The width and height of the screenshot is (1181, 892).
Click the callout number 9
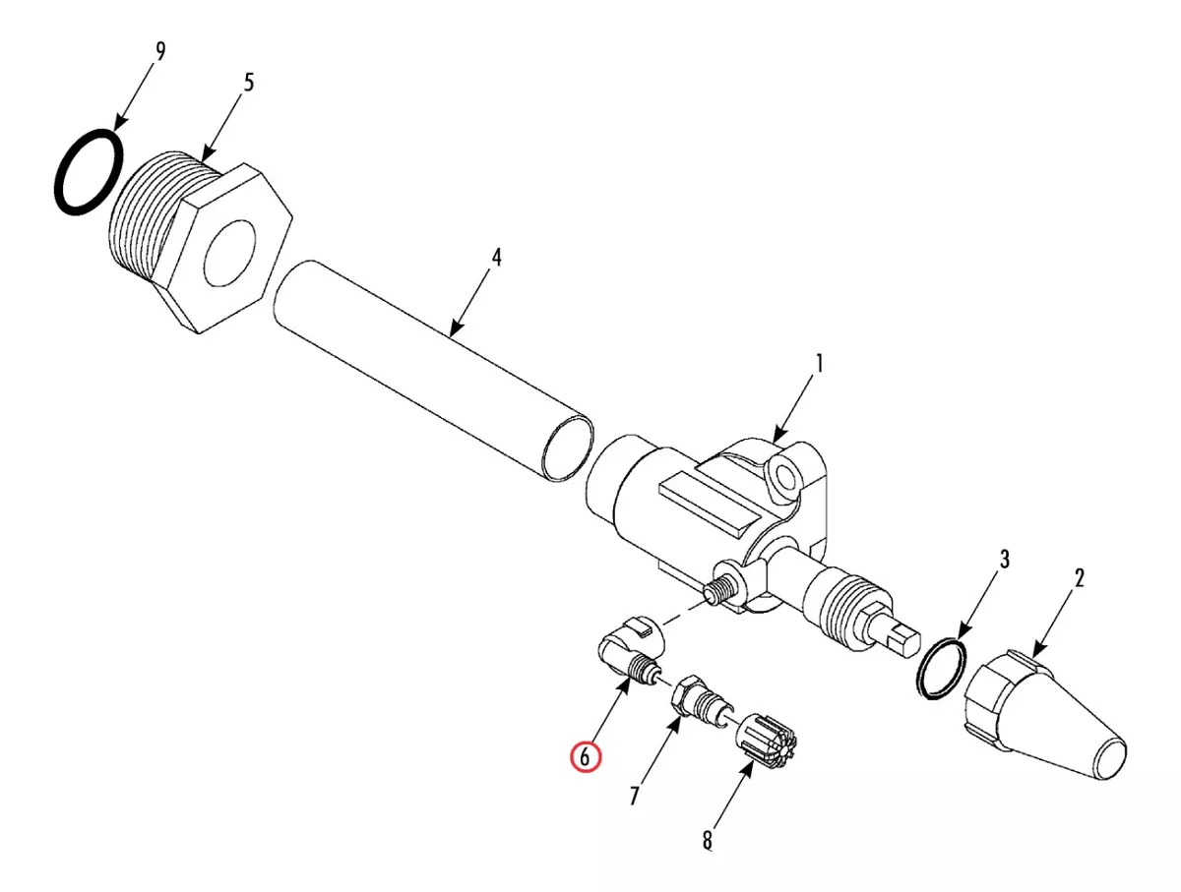pos(159,51)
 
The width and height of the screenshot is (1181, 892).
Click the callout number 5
pos(248,84)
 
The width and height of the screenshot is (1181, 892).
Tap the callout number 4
pos(496,258)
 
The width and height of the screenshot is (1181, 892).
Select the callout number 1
pos(819,364)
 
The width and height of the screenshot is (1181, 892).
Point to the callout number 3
pos(1004,560)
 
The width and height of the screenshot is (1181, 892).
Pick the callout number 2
pos(1079,578)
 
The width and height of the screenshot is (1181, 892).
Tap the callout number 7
pos(635,796)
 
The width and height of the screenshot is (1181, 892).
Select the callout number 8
pos(708,840)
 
